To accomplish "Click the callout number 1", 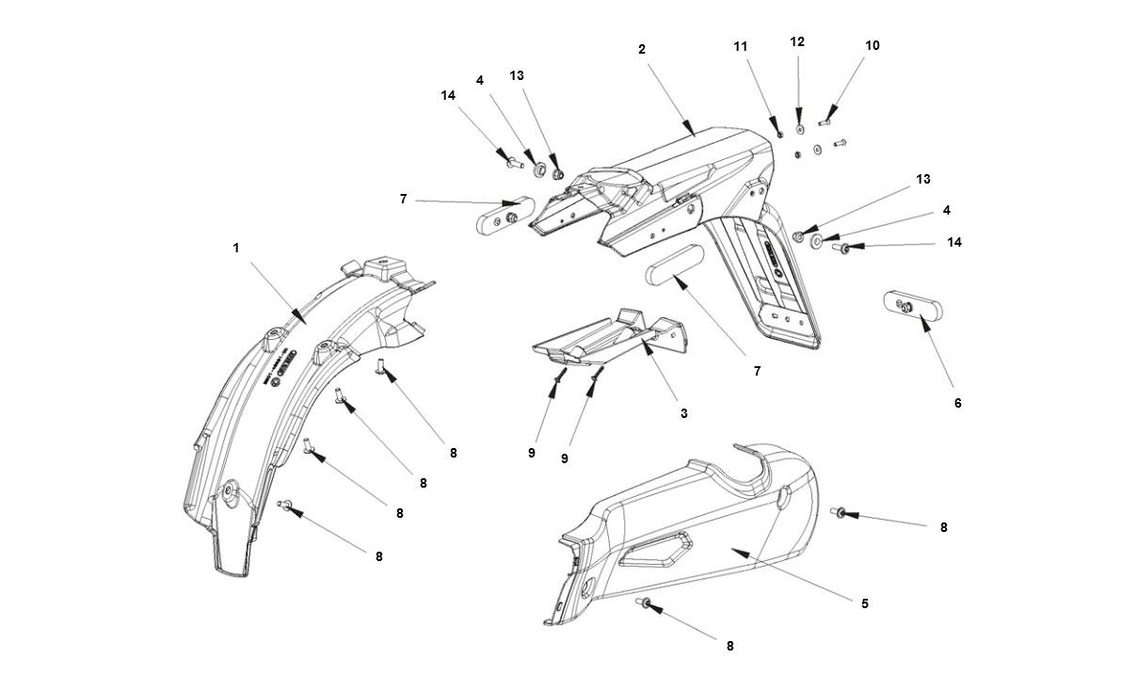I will tap(236, 248).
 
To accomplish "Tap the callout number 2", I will tap(642, 49).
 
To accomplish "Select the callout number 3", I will tap(684, 413).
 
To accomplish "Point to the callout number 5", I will tap(865, 603).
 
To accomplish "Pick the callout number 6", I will tap(958, 403).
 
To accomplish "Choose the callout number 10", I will tap(873, 45).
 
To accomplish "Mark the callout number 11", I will tap(741, 45).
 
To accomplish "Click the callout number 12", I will tap(797, 42).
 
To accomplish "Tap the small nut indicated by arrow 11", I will tap(780, 134).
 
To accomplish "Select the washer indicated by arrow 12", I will tap(799, 128).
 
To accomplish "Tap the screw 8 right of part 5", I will tap(837, 512).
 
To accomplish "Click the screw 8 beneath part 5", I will tap(641, 602).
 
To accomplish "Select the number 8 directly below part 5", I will tap(729, 646).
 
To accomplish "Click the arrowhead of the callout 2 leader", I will tap(689, 128).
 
